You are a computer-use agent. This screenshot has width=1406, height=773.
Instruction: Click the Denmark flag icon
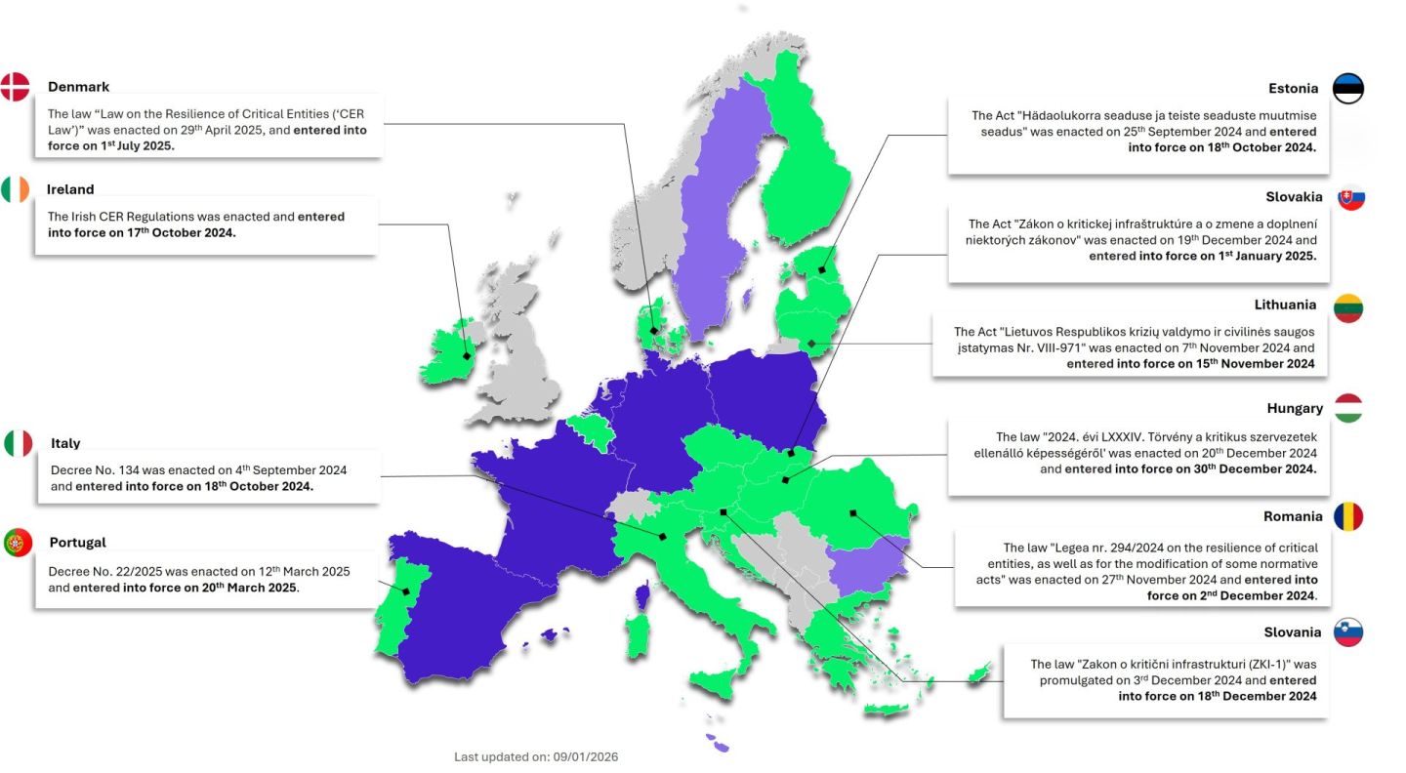(x=15, y=87)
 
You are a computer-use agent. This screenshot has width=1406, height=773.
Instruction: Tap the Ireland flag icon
(x=15, y=189)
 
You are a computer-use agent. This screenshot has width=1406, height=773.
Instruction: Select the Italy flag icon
(x=19, y=443)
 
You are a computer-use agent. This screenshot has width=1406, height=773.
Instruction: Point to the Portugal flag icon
(x=18, y=543)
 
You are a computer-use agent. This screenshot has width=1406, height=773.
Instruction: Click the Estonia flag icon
(x=1348, y=88)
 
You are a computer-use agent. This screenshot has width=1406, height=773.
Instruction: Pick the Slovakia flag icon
(x=1350, y=197)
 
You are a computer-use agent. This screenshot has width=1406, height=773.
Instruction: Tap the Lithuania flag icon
(x=1348, y=307)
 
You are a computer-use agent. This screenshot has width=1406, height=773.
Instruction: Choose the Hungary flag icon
(x=1348, y=408)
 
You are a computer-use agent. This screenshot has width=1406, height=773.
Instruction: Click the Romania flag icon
(x=1348, y=517)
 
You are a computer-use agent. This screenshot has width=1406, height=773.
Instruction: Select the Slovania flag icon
(x=1348, y=631)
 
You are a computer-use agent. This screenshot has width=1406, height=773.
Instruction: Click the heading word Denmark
(x=79, y=87)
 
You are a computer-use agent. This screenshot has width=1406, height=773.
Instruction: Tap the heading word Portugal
(x=78, y=543)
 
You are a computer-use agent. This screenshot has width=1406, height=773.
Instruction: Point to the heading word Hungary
(x=1294, y=408)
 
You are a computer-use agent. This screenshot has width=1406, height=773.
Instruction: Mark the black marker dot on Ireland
(x=467, y=356)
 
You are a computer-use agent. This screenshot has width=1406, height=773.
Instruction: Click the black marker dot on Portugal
(x=405, y=591)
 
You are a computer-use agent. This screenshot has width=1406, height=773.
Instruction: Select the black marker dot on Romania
(x=852, y=512)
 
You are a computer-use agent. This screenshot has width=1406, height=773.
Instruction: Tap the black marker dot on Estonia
(x=822, y=269)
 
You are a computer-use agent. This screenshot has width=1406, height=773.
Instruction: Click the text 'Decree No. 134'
(x=93, y=469)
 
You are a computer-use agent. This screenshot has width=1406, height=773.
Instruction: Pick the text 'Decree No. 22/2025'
(x=106, y=571)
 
